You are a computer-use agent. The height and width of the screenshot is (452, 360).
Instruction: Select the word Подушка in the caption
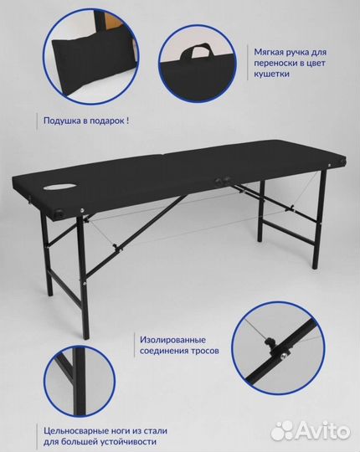[62, 121]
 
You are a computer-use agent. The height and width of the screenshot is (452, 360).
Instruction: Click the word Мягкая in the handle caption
[269, 52]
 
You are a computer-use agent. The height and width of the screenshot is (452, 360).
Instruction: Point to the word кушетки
[271, 74]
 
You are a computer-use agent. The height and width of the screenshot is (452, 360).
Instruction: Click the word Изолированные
[173, 340]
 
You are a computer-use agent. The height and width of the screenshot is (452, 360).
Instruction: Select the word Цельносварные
[76, 431]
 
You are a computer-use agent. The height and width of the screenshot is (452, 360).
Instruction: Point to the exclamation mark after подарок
[127, 121]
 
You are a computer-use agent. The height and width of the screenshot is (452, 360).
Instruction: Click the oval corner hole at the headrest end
[60, 213]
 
